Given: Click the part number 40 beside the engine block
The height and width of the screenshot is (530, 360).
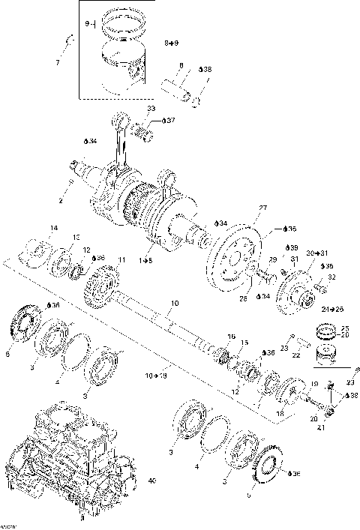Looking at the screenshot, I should [x=151, y=481].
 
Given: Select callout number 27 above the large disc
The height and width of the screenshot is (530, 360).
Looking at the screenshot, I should [x=262, y=208].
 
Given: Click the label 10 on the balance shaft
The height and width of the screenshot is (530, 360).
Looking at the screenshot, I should [x=174, y=304].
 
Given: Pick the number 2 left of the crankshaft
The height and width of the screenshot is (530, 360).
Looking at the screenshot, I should [x=60, y=202].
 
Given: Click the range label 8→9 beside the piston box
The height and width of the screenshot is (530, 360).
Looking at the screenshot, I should [x=172, y=45].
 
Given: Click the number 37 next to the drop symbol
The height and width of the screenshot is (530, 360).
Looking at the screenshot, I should [x=171, y=120].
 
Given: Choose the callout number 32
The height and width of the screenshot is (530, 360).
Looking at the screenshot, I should [x=331, y=277].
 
